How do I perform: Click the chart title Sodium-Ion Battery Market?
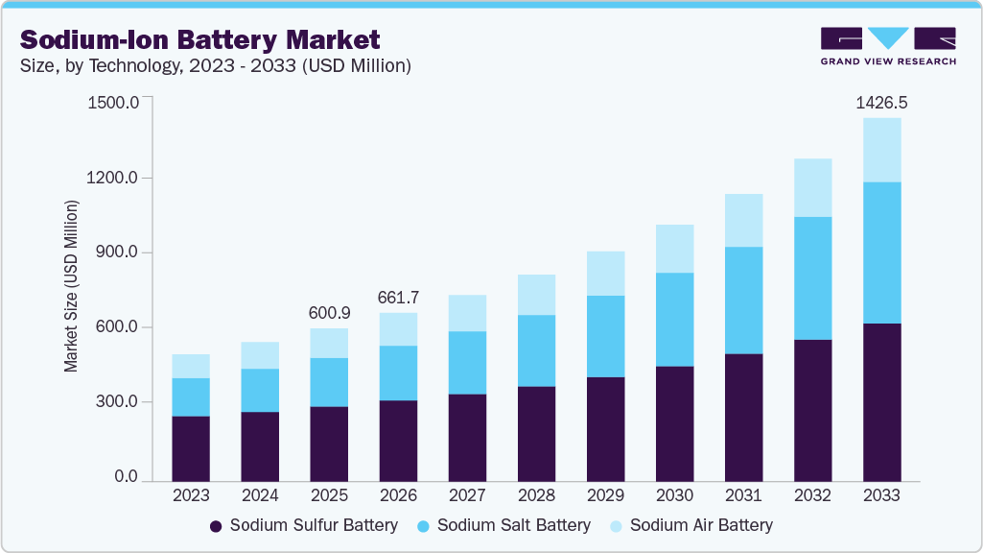(x=200, y=39)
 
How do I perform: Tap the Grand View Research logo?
(x=888, y=46)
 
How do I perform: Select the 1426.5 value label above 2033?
(x=881, y=103)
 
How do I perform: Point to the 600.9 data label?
(x=329, y=313)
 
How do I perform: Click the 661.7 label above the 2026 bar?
(x=398, y=297)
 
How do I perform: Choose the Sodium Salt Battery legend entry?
(x=503, y=525)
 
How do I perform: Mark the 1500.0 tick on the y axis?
(x=113, y=102)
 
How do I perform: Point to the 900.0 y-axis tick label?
(x=117, y=252)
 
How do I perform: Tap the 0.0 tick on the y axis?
(x=126, y=477)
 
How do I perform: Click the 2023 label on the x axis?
(x=191, y=496)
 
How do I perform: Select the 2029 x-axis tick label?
(x=605, y=496)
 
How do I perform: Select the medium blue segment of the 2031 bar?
(x=743, y=300)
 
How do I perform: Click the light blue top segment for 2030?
(x=674, y=249)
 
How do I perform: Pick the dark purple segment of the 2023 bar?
(x=191, y=447)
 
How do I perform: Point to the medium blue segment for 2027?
(x=467, y=362)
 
